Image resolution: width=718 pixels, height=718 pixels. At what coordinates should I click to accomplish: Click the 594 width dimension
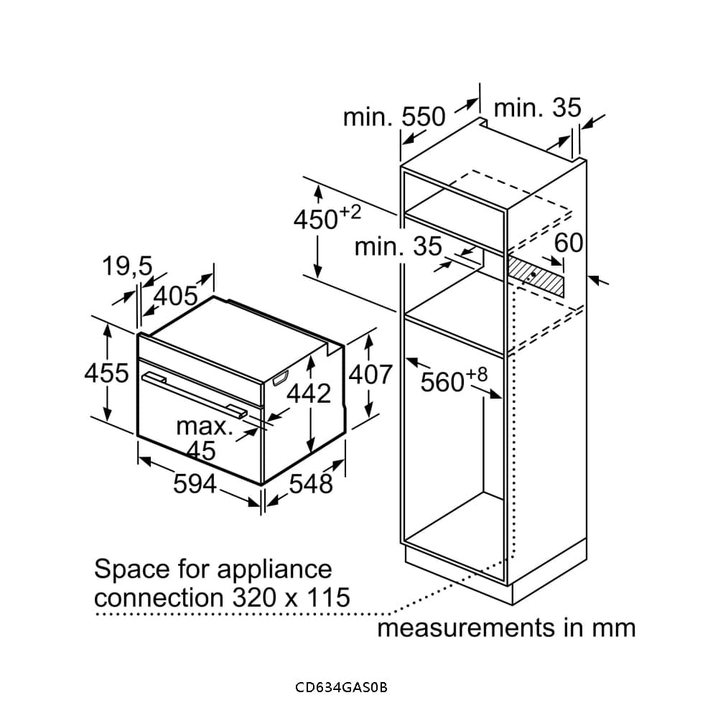coord(195,484)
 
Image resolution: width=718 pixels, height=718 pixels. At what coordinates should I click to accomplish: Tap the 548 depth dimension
coord(311,484)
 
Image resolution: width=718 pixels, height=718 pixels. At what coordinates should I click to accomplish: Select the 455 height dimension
coord(106,373)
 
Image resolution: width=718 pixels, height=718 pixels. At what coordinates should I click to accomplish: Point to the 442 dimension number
coord(309,393)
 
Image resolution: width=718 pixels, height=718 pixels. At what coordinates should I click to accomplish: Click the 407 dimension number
coord(370,374)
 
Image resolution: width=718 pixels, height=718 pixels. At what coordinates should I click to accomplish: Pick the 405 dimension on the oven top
coord(176,295)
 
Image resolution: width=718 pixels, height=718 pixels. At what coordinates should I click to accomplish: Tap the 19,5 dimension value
coord(127,267)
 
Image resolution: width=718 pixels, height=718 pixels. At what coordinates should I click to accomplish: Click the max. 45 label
coord(204,438)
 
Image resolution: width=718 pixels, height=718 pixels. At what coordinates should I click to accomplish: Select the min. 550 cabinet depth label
coord(394,116)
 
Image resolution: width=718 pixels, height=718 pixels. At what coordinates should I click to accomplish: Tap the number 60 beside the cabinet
coord(569,243)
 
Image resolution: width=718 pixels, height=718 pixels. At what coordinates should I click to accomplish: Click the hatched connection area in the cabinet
coord(536,277)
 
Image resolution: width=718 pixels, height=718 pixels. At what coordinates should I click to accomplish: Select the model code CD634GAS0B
coord(341,687)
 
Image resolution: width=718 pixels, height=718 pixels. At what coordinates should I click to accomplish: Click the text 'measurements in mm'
coord(506,628)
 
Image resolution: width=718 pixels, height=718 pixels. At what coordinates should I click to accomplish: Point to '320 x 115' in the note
coord(291,597)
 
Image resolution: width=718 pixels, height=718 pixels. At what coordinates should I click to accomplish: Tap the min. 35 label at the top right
coord(537,108)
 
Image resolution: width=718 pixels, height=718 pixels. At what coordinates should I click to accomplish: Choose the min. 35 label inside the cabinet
coord(398,247)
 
